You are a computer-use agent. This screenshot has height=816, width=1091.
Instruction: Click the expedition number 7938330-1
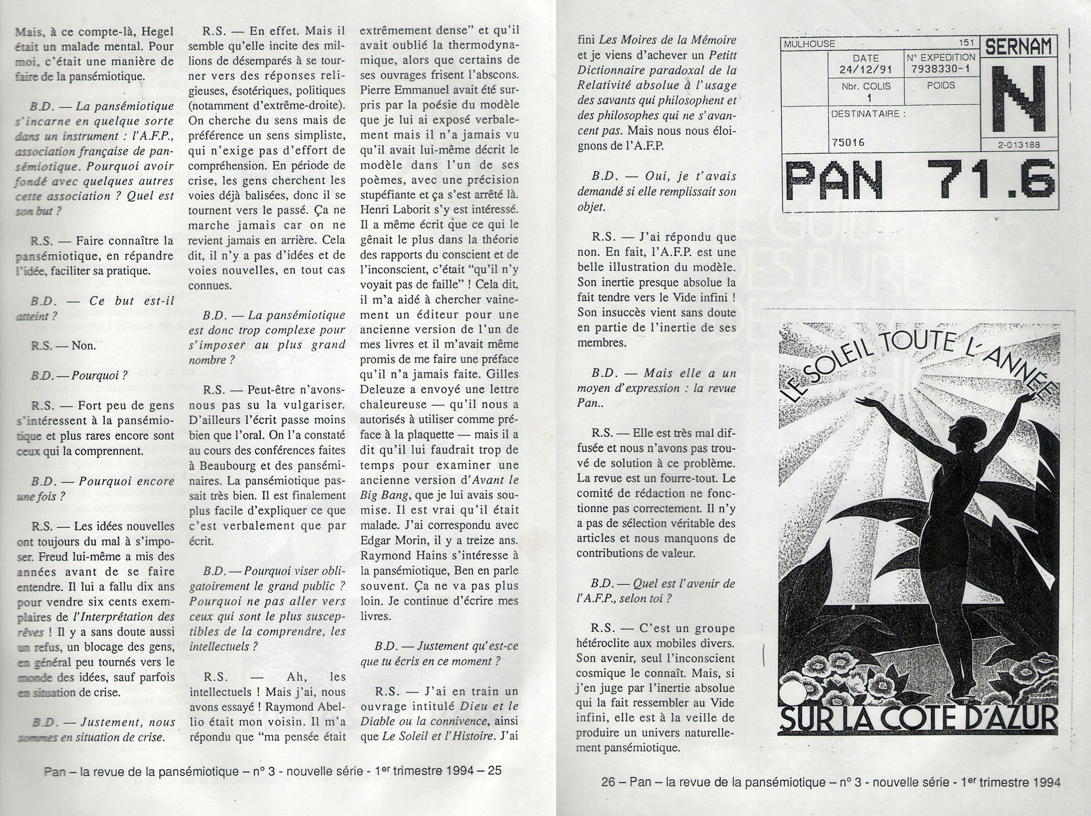click(940, 68)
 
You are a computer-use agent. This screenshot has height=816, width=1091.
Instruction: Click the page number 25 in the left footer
click(495, 771)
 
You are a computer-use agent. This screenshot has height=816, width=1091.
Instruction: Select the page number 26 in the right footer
click(608, 782)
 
